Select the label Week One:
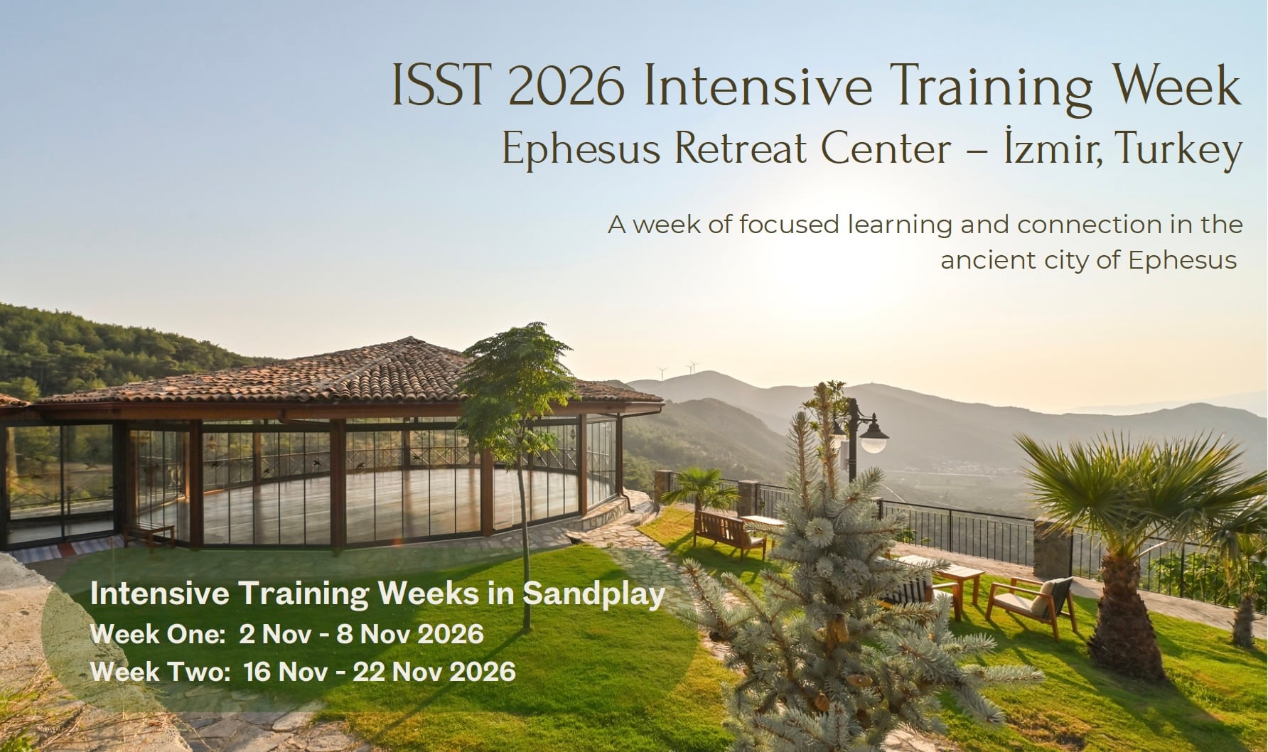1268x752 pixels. coord(158,633)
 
